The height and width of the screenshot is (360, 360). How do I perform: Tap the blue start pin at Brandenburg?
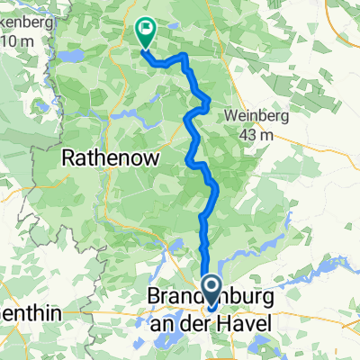click(x=211, y=293)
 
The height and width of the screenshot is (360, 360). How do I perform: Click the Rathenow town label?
click(x=110, y=157)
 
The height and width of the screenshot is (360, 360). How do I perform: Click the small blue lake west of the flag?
click(x=73, y=55)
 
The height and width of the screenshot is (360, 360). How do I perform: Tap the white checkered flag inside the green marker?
click(x=145, y=31)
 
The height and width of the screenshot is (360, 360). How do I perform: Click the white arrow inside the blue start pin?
click(x=211, y=290)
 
